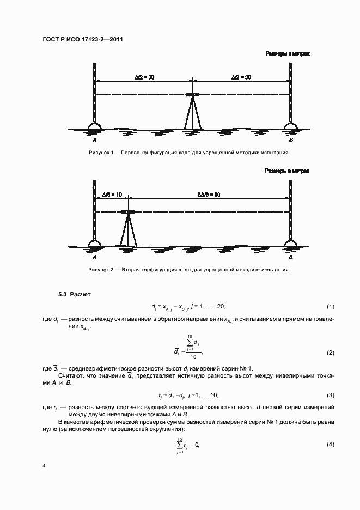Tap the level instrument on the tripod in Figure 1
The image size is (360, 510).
pyautogui.click(x=193, y=95)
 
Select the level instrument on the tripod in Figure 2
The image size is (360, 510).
pyautogui.click(x=129, y=211)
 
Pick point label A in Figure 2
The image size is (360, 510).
pyautogui.click(x=95, y=257)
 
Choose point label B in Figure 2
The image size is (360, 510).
pyautogui.click(x=291, y=257)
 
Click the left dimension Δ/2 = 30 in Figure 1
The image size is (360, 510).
pyautogui.click(x=144, y=78)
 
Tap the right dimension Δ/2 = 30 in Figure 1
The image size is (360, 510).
pyautogui.click(x=241, y=78)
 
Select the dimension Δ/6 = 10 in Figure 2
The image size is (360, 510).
pyautogui.click(x=112, y=195)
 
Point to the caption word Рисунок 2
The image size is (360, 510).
pyautogui.click(x=100, y=270)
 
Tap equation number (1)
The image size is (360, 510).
pyautogui.click(x=330, y=307)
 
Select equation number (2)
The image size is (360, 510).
pyautogui.click(x=330, y=353)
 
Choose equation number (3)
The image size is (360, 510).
pyautogui.click(x=330, y=394)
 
